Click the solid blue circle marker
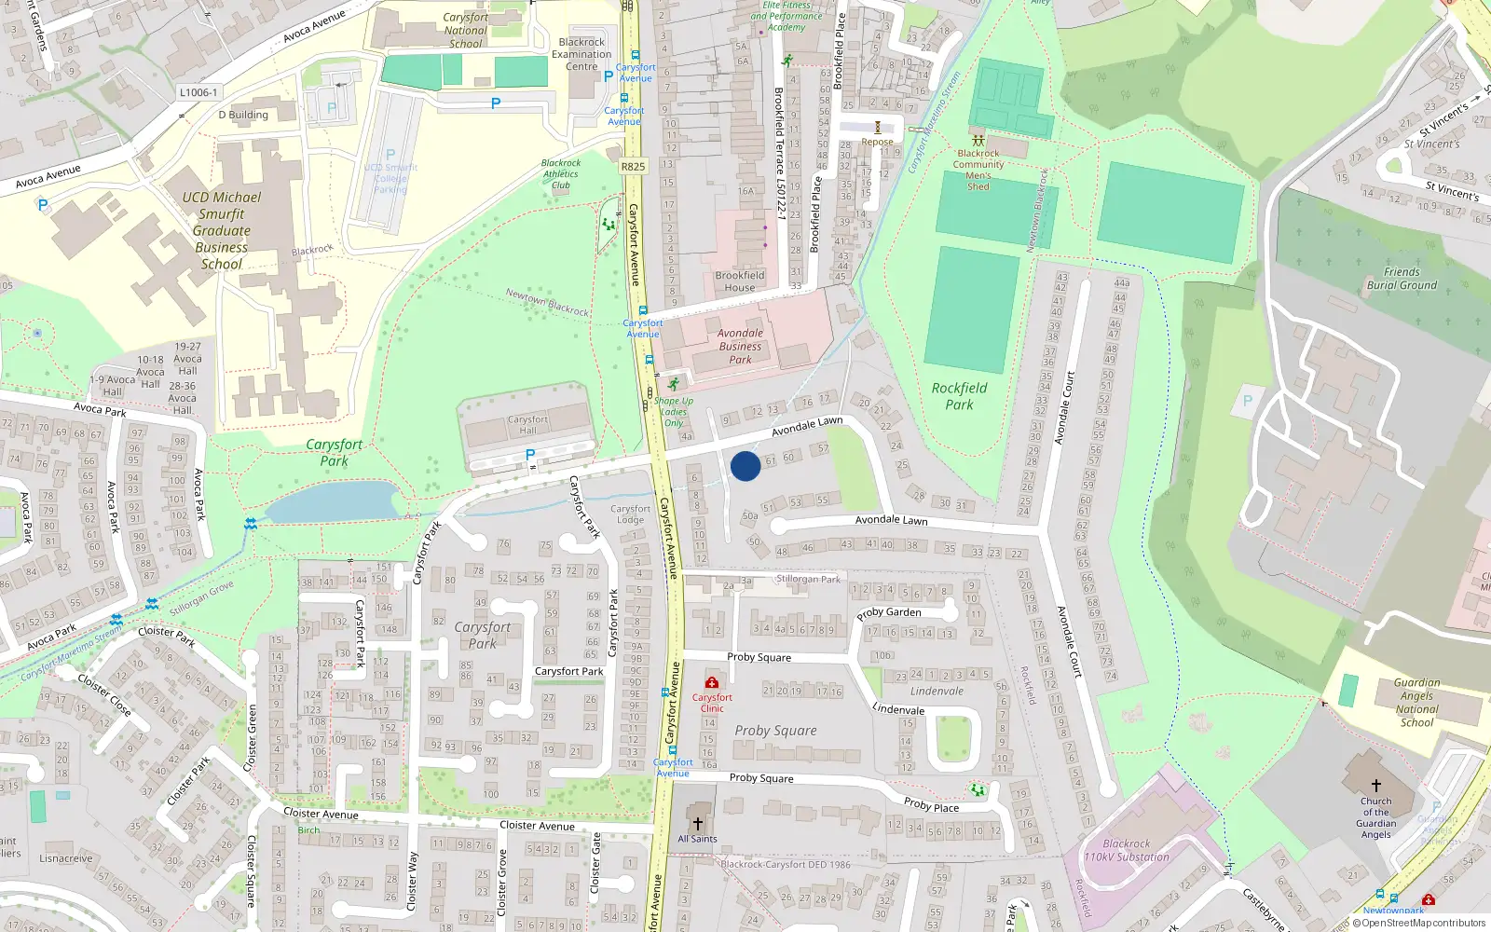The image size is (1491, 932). (745, 466)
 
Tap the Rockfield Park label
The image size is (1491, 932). (959, 396)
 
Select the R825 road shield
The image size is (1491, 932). (633, 167)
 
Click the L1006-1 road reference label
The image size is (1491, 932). (198, 92)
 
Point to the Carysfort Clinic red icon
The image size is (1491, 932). (712, 683)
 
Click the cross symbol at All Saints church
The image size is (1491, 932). (697, 824)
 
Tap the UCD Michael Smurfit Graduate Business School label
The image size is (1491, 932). (222, 230)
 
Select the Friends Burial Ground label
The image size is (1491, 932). (1402, 279)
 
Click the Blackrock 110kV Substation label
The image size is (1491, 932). (1126, 850)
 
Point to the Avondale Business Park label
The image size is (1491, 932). (740, 346)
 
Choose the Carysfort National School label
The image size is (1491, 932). (465, 31)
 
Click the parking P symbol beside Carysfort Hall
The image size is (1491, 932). (530, 455)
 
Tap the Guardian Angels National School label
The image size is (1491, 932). (1416, 702)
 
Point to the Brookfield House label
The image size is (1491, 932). (740, 281)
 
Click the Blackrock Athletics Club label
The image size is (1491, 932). (561, 174)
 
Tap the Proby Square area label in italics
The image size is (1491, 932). (775, 731)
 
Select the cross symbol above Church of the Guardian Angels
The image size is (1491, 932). (1375, 786)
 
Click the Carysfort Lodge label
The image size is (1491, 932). (630, 514)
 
